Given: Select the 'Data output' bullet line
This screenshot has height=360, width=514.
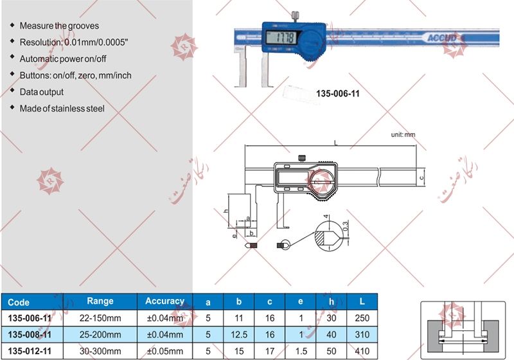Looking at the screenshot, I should click(42, 92).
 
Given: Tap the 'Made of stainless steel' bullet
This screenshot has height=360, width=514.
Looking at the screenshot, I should click(62, 109).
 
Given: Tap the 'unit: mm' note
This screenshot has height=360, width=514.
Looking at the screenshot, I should click(403, 135).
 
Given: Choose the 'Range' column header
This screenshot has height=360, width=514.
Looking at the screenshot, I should click(100, 301).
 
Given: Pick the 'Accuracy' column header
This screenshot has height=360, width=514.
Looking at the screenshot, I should click(164, 301).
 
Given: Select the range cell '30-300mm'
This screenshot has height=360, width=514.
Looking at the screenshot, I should click(100, 350).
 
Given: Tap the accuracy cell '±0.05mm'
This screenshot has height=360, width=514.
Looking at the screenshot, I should click(164, 350).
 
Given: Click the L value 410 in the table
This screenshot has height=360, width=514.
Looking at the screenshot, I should click(361, 350).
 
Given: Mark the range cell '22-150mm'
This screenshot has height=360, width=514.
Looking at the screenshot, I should click(100, 318).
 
